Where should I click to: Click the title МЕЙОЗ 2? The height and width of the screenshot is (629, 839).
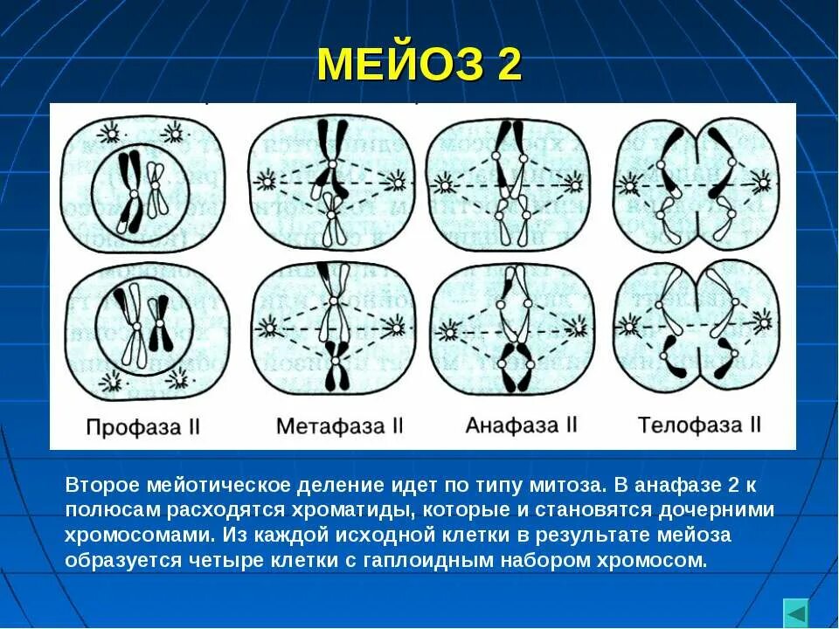pos(419,65)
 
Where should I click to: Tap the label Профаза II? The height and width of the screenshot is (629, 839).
pos(144,427)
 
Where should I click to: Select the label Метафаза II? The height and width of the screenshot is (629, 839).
pos(339,426)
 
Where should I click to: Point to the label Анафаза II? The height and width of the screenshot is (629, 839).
pos(522,425)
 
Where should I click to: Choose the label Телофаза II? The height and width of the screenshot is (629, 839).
pos(699,425)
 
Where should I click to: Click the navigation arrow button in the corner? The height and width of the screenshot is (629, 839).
pos(795,612)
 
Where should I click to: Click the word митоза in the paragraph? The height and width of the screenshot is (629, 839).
pos(560,483)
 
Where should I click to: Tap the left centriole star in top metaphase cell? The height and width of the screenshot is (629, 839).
pos(264,182)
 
